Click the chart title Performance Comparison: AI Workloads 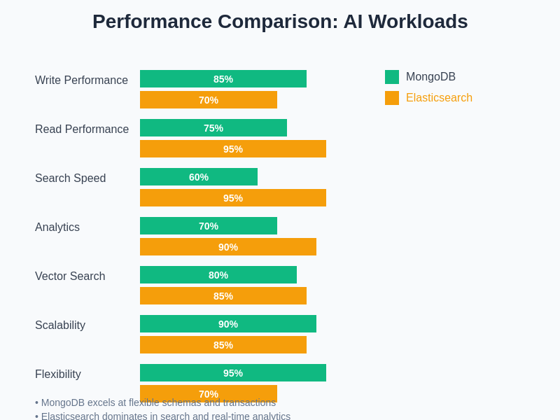[x=280, y=22]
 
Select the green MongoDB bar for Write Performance [x=223, y=79]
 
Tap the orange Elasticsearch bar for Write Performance [x=209, y=100]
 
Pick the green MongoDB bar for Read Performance [x=213, y=128]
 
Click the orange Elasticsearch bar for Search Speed [x=233, y=198]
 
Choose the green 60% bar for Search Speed [x=199, y=177]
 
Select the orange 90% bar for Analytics [x=228, y=247]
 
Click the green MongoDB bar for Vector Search [x=218, y=275]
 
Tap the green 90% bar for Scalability [x=228, y=324]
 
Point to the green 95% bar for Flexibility [x=233, y=373]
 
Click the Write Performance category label [x=81, y=80]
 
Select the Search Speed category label [x=70, y=178]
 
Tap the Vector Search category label [x=70, y=276]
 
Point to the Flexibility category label [x=58, y=374]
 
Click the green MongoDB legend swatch [x=392, y=77]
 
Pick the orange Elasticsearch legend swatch [x=392, y=98]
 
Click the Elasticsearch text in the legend [x=439, y=98]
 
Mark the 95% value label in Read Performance [x=233, y=149]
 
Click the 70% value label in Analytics [x=209, y=226]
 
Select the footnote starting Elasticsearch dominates [x=165, y=416]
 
